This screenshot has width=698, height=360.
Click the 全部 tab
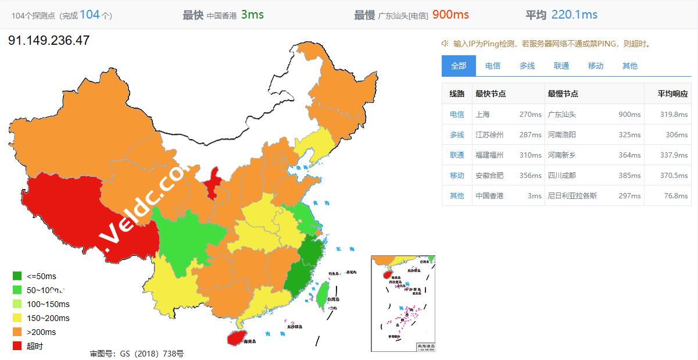pos(459,66)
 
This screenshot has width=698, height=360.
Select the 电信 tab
pos(493,66)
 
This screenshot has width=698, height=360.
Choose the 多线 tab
pos(527,66)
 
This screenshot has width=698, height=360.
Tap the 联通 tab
pos(561,66)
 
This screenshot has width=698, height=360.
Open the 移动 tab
pos(596,66)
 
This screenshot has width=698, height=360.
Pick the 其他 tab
pos(630,66)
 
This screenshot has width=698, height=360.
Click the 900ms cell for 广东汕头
pos(629,115)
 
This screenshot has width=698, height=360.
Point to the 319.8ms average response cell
pos(672,115)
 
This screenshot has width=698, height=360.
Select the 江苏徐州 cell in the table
pos(489,135)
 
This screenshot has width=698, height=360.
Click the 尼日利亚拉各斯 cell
pos(572,196)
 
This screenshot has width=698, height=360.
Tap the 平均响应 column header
pos(672,94)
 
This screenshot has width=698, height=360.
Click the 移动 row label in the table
pos(457,176)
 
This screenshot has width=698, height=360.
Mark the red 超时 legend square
pos(17,346)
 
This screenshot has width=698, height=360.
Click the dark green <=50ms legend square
pos(17,276)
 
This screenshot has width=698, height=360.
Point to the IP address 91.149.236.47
pos(49,40)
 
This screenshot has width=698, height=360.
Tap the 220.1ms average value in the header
pos(574,15)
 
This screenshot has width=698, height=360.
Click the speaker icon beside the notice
pos(445,43)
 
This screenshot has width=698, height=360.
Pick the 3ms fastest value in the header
pos(252,15)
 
